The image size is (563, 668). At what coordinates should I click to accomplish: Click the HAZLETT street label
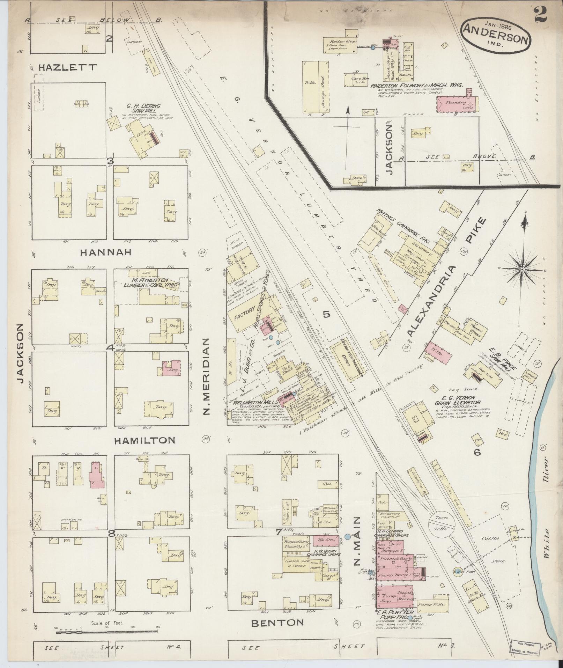tap(68, 67)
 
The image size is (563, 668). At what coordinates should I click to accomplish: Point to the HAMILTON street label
tap(145, 440)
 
